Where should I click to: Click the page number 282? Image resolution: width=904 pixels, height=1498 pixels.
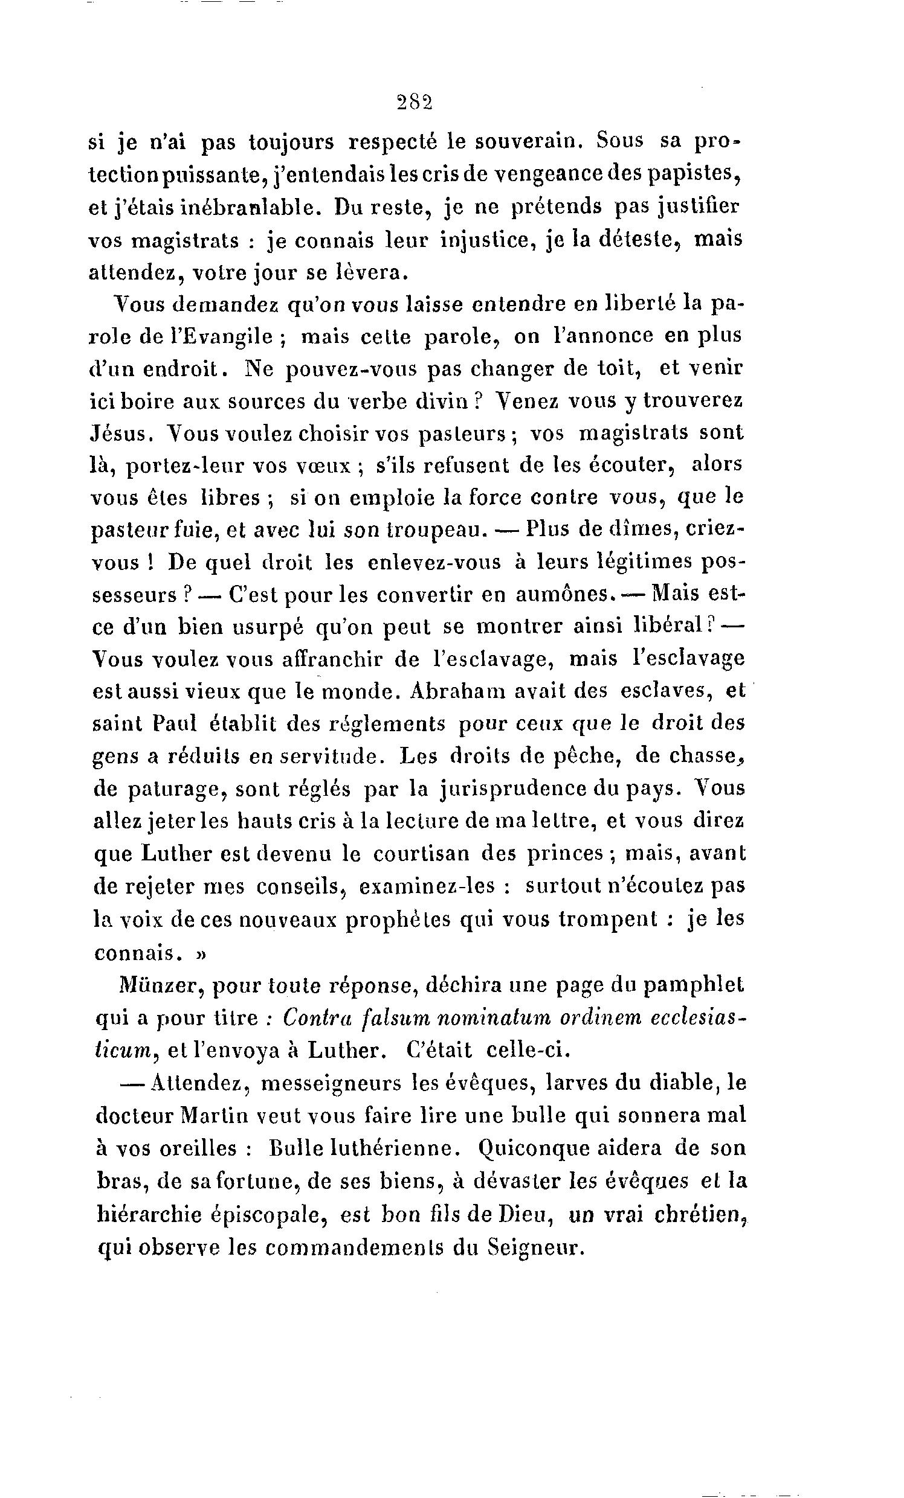[x=414, y=101]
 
